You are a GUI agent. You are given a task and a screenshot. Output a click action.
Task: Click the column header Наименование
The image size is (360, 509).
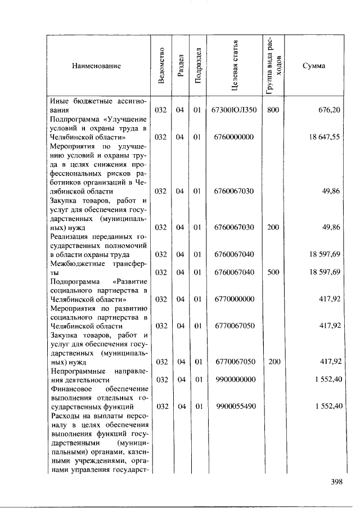pyautogui.click(x=96, y=66)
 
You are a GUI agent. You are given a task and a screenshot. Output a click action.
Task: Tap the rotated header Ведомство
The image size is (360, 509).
pyautogui.click(x=162, y=66)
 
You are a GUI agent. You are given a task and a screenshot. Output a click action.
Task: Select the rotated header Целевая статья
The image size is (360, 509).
pyautogui.click(x=237, y=66)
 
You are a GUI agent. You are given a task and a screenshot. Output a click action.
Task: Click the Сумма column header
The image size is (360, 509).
pyautogui.click(x=313, y=66)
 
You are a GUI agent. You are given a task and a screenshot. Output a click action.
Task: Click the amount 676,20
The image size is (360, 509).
pyautogui.click(x=329, y=110)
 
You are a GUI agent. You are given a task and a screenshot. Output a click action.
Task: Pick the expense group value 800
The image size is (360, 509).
pyautogui.click(x=273, y=110)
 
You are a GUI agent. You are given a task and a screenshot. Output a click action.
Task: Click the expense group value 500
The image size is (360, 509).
pyautogui.click(x=273, y=272)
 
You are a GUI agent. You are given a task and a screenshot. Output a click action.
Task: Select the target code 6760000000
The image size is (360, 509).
pyautogui.click(x=233, y=137)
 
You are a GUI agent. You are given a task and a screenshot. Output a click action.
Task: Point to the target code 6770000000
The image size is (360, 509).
pyautogui.click(x=233, y=299)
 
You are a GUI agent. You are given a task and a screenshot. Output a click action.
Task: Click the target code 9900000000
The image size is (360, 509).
pyautogui.click(x=233, y=380)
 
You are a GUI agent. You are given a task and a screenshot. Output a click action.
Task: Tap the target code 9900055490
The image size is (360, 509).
pyautogui.click(x=233, y=406)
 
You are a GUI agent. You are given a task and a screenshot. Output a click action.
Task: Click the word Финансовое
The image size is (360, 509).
pyautogui.click(x=68, y=389)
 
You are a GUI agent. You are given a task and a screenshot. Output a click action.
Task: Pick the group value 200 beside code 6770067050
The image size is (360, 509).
pyautogui.click(x=274, y=362)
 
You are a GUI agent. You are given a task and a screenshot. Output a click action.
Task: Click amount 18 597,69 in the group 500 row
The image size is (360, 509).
pyautogui.click(x=324, y=272)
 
